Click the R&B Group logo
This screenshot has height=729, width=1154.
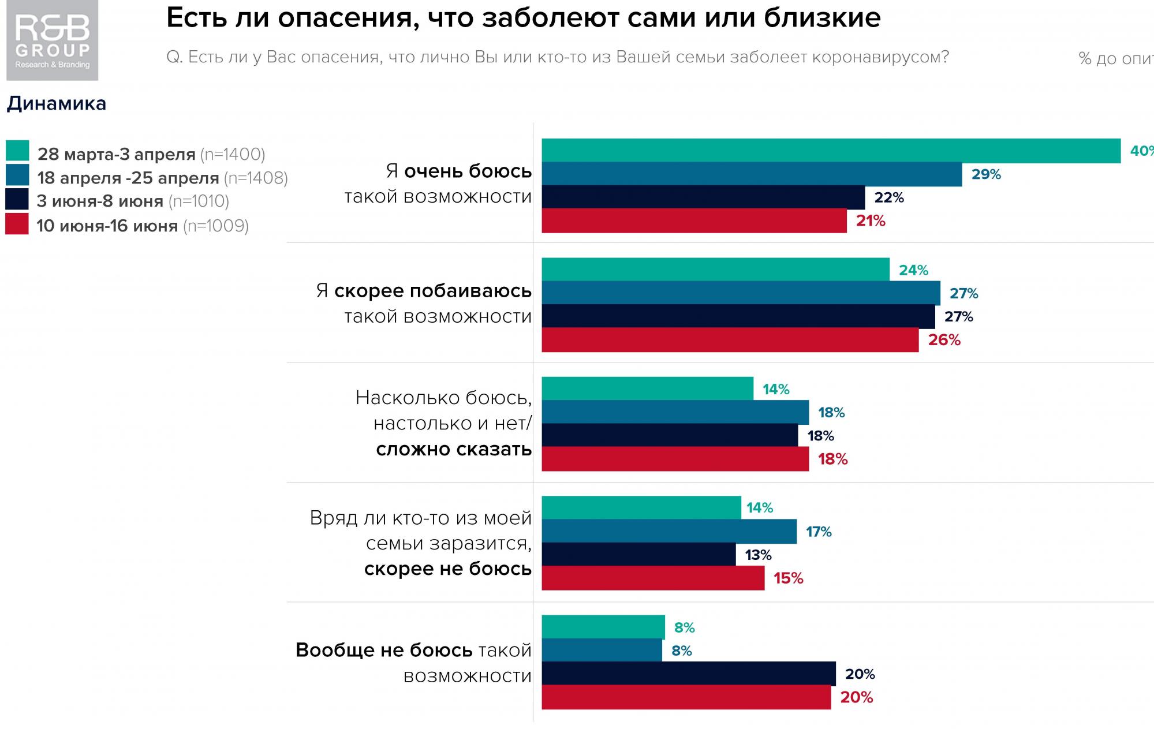pyautogui.click(x=52, y=40)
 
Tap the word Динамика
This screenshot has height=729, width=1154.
pyautogui.click(x=57, y=103)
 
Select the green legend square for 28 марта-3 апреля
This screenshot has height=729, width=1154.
pyautogui.click(x=17, y=151)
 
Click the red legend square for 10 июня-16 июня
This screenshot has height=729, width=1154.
pyautogui.click(x=17, y=224)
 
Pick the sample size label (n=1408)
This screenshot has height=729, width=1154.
pyautogui.click(x=256, y=178)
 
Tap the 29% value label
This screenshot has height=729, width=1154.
pyautogui.click(x=986, y=174)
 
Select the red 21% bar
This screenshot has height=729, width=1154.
pyautogui.click(x=694, y=221)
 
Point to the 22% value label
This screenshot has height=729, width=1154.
pyautogui.click(x=889, y=197)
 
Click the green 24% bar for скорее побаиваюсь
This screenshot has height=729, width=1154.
pyautogui.click(x=715, y=270)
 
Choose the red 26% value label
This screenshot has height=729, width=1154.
pyautogui.click(x=944, y=340)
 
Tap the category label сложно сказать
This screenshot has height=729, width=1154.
pyautogui.click(x=454, y=449)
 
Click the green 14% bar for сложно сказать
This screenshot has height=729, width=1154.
pyautogui.click(x=647, y=388)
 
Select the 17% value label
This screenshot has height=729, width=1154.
pyautogui.click(x=819, y=532)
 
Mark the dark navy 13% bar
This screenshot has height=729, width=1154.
pyautogui.click(x=638, y=555)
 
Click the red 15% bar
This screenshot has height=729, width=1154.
pyautogui.click(x=653, y=578)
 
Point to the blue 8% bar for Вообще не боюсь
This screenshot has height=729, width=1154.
pyautogui.click(x=602, y=651)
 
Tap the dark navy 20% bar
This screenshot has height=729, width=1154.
pyautogui.click(x=688, y=674)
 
